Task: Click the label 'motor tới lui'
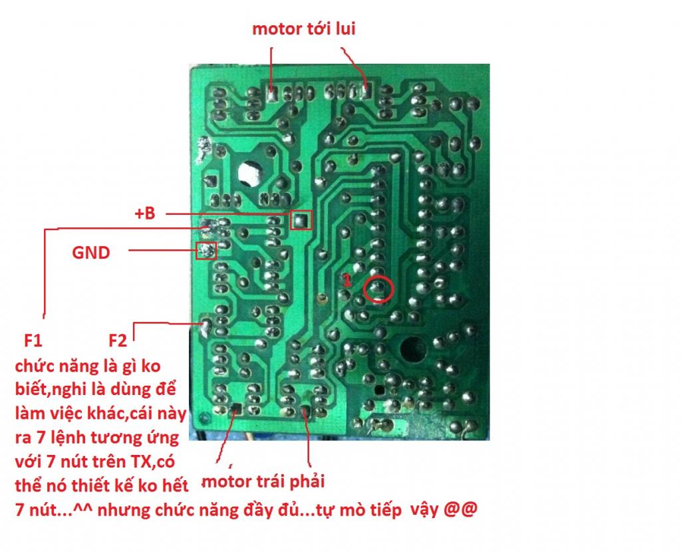click(x=303, y=29)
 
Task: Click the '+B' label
click(x=144, y=213)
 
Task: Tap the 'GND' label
click(x=90, y=252)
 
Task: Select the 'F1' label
click(x=33, y=341)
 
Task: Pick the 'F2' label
click(x=117, y=341)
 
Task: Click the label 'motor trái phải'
click(x=263, y=482)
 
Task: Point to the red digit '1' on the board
click(x=346, y=281)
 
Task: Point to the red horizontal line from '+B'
click(x=228, y=213)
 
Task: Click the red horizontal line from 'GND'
click(x=162, y=250)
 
